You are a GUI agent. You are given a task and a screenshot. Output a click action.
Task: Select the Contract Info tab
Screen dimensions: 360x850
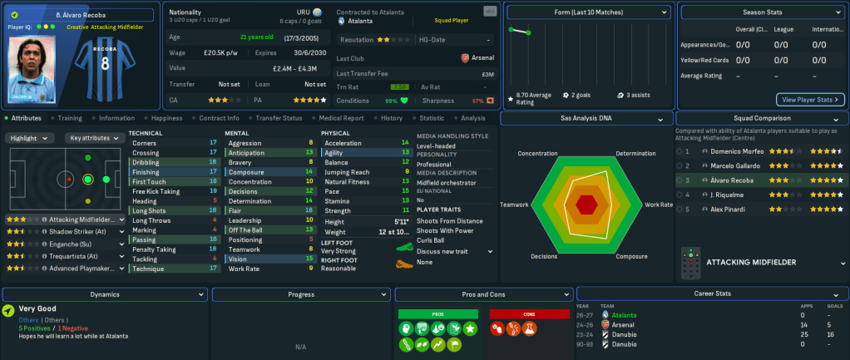(x=219, y=118)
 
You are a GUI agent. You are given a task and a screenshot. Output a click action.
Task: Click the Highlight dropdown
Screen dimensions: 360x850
(x=31, y=138)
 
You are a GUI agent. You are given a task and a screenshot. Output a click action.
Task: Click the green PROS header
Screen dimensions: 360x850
(x=438, y=313)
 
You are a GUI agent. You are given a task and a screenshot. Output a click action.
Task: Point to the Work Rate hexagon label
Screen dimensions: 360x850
(x=659, y=205)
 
